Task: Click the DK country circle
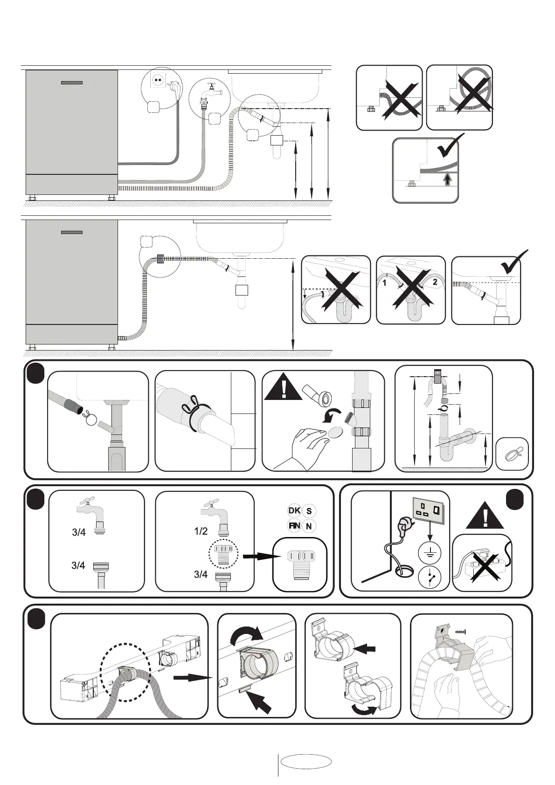pos(294,511)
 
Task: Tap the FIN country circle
pos(294,526)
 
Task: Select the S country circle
pos(309,511)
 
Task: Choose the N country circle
pos(309,526)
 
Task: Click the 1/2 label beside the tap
pos(201,531)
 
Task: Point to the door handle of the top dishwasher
pos(72,83)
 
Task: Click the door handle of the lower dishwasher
pos(72,232)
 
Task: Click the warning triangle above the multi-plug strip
pos(486,515)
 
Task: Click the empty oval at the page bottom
pos(306,762)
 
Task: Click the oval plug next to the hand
pos(335,433)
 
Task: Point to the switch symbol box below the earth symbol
pos(429,578)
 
